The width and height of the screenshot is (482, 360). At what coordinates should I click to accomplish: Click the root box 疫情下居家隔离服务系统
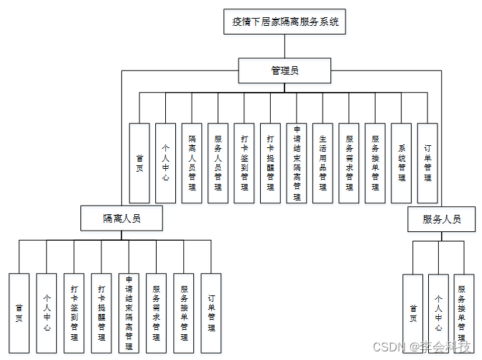point(284,21)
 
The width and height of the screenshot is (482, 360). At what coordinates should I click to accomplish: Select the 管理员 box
point(284,70)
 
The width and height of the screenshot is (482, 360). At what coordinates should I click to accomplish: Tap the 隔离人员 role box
point(121,218)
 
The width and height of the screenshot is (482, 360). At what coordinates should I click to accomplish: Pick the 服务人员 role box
point(441,219)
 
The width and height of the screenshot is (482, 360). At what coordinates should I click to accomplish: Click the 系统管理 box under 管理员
point(401,163)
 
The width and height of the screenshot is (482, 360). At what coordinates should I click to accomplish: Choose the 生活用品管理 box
point(323,163)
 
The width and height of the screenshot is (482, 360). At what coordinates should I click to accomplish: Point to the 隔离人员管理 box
point(192,163)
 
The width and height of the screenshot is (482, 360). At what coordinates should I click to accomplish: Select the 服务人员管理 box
point(218,163)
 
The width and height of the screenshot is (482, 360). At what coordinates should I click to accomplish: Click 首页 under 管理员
point(139,163)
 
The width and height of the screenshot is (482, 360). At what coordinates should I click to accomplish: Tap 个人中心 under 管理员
point(165,163)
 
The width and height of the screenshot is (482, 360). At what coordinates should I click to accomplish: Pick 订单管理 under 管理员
point(427,163)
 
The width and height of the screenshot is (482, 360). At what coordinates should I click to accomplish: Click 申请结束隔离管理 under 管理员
point(297,163)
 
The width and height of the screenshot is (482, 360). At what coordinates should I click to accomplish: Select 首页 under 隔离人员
point(19,313)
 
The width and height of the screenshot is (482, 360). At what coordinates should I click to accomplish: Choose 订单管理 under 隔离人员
point(211,313)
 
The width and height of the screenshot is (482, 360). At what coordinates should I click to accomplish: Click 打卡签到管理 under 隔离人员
point(73,313)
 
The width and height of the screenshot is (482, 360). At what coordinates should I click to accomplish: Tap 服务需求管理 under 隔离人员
point(156,313)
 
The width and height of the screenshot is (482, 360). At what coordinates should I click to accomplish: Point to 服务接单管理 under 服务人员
point(463,313)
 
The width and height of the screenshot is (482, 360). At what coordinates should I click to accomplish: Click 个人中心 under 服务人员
point(438,313)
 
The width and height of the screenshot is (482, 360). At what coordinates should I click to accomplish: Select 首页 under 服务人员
point(413,313)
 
